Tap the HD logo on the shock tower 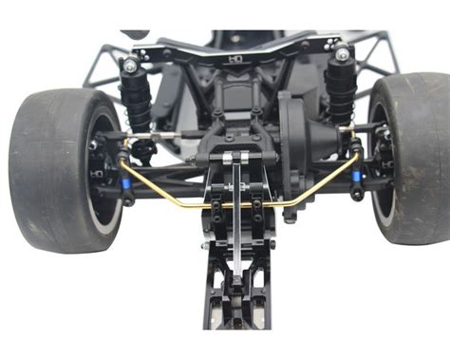[x=235, y=59]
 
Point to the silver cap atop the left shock [x=129, y=66]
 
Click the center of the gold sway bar [x=237, y=203]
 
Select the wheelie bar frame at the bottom [x=236, y=304]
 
